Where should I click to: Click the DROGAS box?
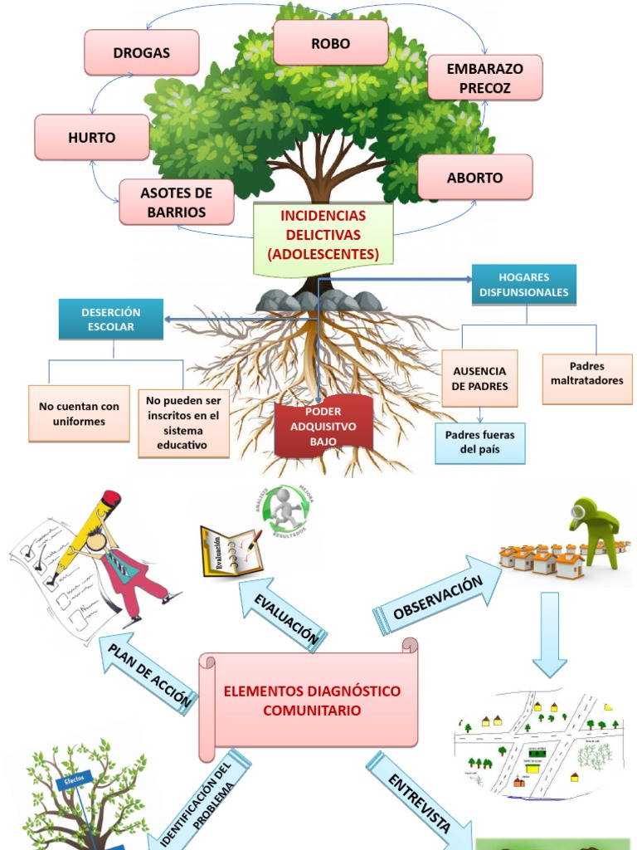pos(142,52)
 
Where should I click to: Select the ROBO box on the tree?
pos(330,43)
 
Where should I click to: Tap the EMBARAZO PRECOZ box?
pos(484,78)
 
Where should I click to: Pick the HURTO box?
pos(92,138)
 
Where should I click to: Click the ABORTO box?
pos(474,178)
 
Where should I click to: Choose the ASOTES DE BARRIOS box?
pos(176,203)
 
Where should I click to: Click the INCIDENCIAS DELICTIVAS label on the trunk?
pos(323,235)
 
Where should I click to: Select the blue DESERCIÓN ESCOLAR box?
pos(110,319)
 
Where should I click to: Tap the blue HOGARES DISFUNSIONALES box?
pos(523,284)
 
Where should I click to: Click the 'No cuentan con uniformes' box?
pos(79,413)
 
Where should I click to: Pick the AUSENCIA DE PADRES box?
pos(479,379)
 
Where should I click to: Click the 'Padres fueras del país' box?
pos(479,442)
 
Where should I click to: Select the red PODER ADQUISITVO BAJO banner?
pos(323,427)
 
